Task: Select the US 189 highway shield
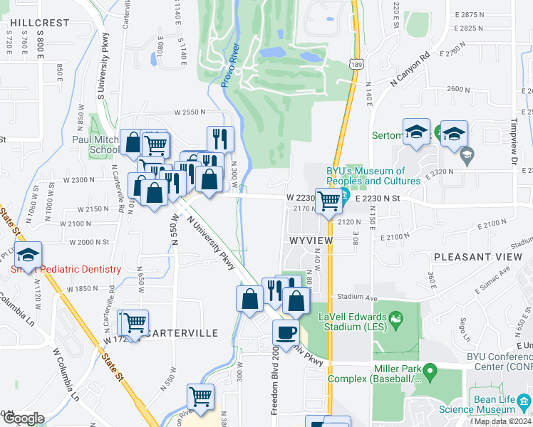coord(353,65)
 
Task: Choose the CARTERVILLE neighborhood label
coord(180,332)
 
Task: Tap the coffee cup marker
coord(286,332)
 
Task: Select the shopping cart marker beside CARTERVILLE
coord(133,322)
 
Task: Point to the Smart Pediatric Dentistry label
coord(66,269)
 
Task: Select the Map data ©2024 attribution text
coord(502,421)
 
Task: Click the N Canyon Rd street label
coord(410,69)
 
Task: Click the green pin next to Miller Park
coord(429,371)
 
